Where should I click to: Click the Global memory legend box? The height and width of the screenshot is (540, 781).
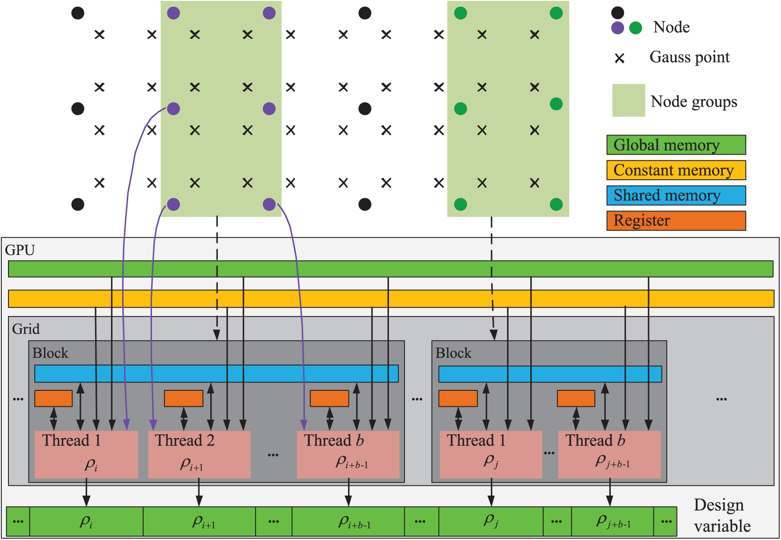click(676, 145)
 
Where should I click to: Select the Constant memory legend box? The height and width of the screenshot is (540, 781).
click(676, 171)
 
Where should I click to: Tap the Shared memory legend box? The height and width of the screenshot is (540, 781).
click(676, 196)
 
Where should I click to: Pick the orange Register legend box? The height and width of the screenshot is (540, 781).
click(676, 221)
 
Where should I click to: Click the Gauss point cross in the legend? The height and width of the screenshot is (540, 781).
click(619, 58)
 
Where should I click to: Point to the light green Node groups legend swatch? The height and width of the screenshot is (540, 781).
click(629, 100)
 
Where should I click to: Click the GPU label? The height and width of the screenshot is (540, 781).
click(20, 250)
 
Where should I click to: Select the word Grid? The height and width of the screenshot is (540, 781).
click(26, 329)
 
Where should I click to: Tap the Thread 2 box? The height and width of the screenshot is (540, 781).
click(199, 454)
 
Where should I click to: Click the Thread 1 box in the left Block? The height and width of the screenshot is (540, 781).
click(86, 454)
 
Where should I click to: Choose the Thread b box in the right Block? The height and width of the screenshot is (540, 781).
click(609, 454)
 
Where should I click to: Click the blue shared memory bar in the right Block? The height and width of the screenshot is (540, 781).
click(550, 374)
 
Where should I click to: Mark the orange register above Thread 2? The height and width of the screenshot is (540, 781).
click(184, 398)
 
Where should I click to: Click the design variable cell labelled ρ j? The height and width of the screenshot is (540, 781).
click(491, 521)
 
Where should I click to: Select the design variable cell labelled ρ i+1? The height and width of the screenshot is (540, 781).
click(199, 521)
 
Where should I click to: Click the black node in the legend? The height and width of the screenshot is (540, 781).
click(617, 12)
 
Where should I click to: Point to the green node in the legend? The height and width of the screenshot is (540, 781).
click(636, 28)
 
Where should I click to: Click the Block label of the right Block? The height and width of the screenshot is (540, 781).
click(453, 353)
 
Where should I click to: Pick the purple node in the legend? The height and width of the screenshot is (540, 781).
click(617, 28)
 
